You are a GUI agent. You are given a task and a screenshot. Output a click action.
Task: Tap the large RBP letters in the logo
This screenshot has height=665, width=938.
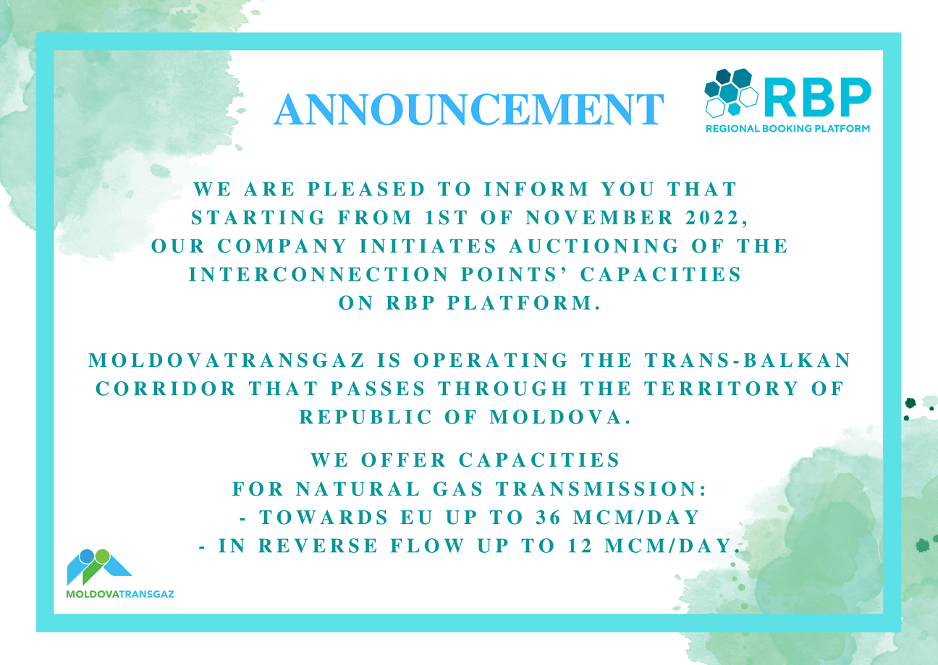tap(817, 97)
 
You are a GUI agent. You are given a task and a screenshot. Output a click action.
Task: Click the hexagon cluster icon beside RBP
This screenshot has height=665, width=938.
tap(731, 92)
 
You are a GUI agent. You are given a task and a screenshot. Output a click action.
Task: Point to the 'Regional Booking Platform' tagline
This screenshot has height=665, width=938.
tap(787, 129)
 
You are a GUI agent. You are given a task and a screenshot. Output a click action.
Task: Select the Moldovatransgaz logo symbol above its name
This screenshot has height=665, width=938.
tap(99, 567)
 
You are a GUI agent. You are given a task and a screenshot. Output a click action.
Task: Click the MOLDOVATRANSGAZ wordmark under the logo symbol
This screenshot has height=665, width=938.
tap(120, 594)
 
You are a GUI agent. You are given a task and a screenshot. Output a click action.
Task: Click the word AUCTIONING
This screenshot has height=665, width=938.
tap(594, 246)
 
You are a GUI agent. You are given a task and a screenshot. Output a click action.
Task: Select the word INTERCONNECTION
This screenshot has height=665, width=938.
tap(319, 274)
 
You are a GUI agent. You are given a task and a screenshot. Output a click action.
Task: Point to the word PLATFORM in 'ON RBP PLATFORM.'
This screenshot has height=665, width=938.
tap(523, 302)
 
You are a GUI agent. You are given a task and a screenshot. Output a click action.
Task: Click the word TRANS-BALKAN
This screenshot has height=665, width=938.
tap(748, 360)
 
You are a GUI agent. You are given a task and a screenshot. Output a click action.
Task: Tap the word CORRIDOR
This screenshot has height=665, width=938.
tap(166, 389)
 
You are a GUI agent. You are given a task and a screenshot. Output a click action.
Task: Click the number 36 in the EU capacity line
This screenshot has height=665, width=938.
tap(548, 517)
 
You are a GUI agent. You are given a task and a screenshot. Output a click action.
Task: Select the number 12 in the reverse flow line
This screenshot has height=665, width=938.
tap(580, 546)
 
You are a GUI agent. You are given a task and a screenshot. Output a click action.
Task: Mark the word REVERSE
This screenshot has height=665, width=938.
tap(318, 546)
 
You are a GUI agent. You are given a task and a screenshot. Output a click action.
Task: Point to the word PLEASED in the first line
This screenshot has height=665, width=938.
tap(367, 189)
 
